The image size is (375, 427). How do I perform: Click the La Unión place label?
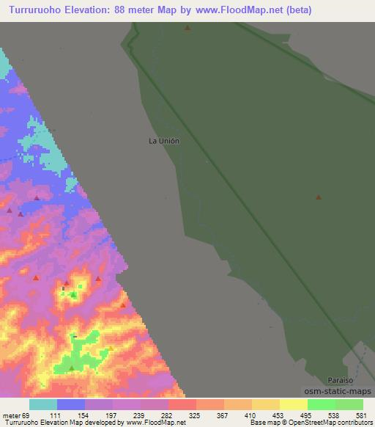[x=164, y=141]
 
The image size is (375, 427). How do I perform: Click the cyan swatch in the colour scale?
[x=43, y=404]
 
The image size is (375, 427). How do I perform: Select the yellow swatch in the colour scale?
[x=294, y=404]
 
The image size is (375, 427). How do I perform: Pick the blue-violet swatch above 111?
[x=71, y=404]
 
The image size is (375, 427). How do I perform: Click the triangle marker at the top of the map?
[x=187, y=29]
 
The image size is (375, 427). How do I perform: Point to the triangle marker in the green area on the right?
[x=318, y=197]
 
